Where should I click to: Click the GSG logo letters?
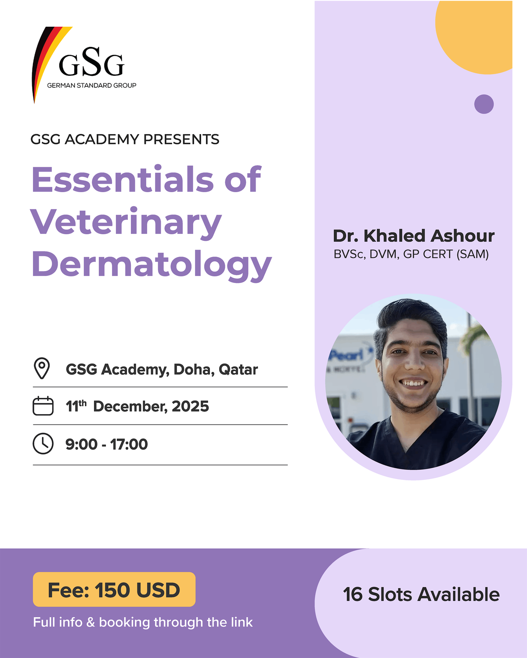pyautogui.click(x=91, y=63)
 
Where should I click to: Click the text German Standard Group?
pyautogui.click(x=91, y=86)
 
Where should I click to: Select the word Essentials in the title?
pyautogui.click(x=122, y=179)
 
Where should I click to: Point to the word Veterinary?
pyautogui.click(x=126, y=222)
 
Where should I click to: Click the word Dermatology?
pyautogui.click(x=152, y=265)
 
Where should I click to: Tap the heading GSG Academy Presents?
pyautogui.click(x=125, y=139)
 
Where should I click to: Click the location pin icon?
pyautogui.click(x=42, y=368)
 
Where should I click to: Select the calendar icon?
pyautogui.click(x=43, y=406)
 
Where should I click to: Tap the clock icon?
pyautogui.click(x=43, y=443)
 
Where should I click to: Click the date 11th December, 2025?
pyautogui.click(x=137, y=406)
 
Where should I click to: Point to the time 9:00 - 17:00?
pyautogui.click(x=107, y=444)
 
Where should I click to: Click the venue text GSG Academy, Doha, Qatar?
pyautogui.click(x=162, y=369)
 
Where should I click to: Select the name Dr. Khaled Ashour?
pyautogui.click(x=414, y=236)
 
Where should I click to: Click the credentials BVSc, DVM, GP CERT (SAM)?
pyautogui.click(x=411, y=254)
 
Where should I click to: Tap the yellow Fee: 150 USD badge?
pyautogui.click(x=114, y=590)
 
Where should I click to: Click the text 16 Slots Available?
pyautogui.click(x=421, y=594)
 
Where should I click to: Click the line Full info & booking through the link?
pyautogui.click(x=143, y=622)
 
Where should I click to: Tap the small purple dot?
pyautogui.click(x=484, y=104)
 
